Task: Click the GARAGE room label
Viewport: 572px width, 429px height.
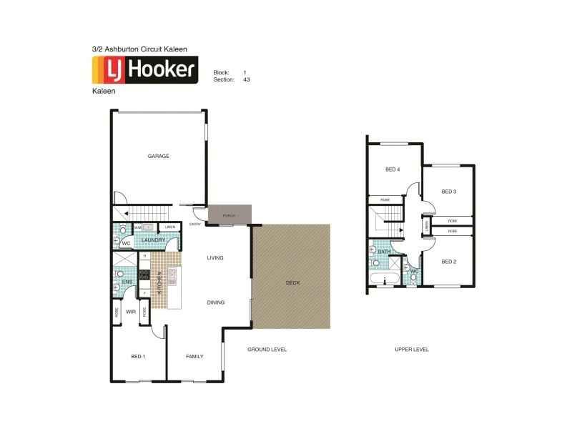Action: click(x=158, y=156)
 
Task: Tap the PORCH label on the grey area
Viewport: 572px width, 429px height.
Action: click(x=229, y=215)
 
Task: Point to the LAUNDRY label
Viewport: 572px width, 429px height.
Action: click(x=153, y=240)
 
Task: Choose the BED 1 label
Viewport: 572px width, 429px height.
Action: click(x=138, y=356)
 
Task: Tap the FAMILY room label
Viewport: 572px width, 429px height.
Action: click(x=194, y=356)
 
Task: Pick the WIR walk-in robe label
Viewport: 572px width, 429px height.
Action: click(x=131, y=312)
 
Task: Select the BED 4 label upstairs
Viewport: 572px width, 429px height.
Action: click(x=393, y=169)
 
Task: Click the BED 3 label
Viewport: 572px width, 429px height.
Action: click(x=448, y=192)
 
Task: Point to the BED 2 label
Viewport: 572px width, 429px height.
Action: click(x=448, y=262)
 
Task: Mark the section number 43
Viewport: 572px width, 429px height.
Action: click(x=246, y=80)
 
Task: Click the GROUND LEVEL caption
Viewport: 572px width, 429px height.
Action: click(x=267, y=350)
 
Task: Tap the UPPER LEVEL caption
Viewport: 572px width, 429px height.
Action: click(x=412, y=350)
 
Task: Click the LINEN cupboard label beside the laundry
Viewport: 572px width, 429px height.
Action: click(x=169, y=227)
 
